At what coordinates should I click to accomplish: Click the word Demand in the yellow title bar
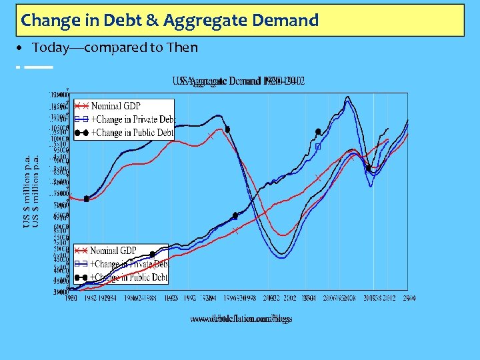pos(285,21)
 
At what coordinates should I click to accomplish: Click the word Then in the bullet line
pos(183,47)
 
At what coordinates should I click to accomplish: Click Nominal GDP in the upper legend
pos(116,106)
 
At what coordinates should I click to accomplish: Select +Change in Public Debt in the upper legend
pos(132,133)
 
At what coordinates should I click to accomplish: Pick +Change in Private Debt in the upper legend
pos(132,119)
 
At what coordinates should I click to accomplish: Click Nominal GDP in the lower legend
pos(113,251)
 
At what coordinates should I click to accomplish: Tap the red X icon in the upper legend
pos(81,106)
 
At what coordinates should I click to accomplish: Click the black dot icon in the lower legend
pos(81,277)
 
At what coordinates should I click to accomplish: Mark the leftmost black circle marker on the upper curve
pos(87,199)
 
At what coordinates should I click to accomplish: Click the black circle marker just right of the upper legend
pos(228,129)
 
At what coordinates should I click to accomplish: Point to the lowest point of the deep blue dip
pos(284,254)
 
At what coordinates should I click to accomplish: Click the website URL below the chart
pos(241,319)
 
